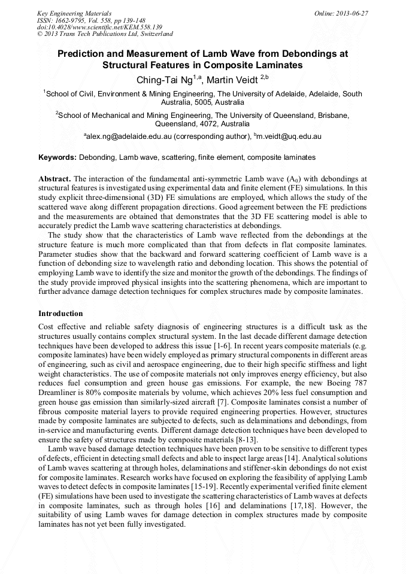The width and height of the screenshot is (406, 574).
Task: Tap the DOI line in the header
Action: click(x=99, y=27)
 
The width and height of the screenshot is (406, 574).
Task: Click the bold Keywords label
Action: click(x=57, y=157)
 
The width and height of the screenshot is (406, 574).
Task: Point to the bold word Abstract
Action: click(x=54, y=179)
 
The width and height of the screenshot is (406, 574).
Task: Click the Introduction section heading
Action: click(x=60, y=313)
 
